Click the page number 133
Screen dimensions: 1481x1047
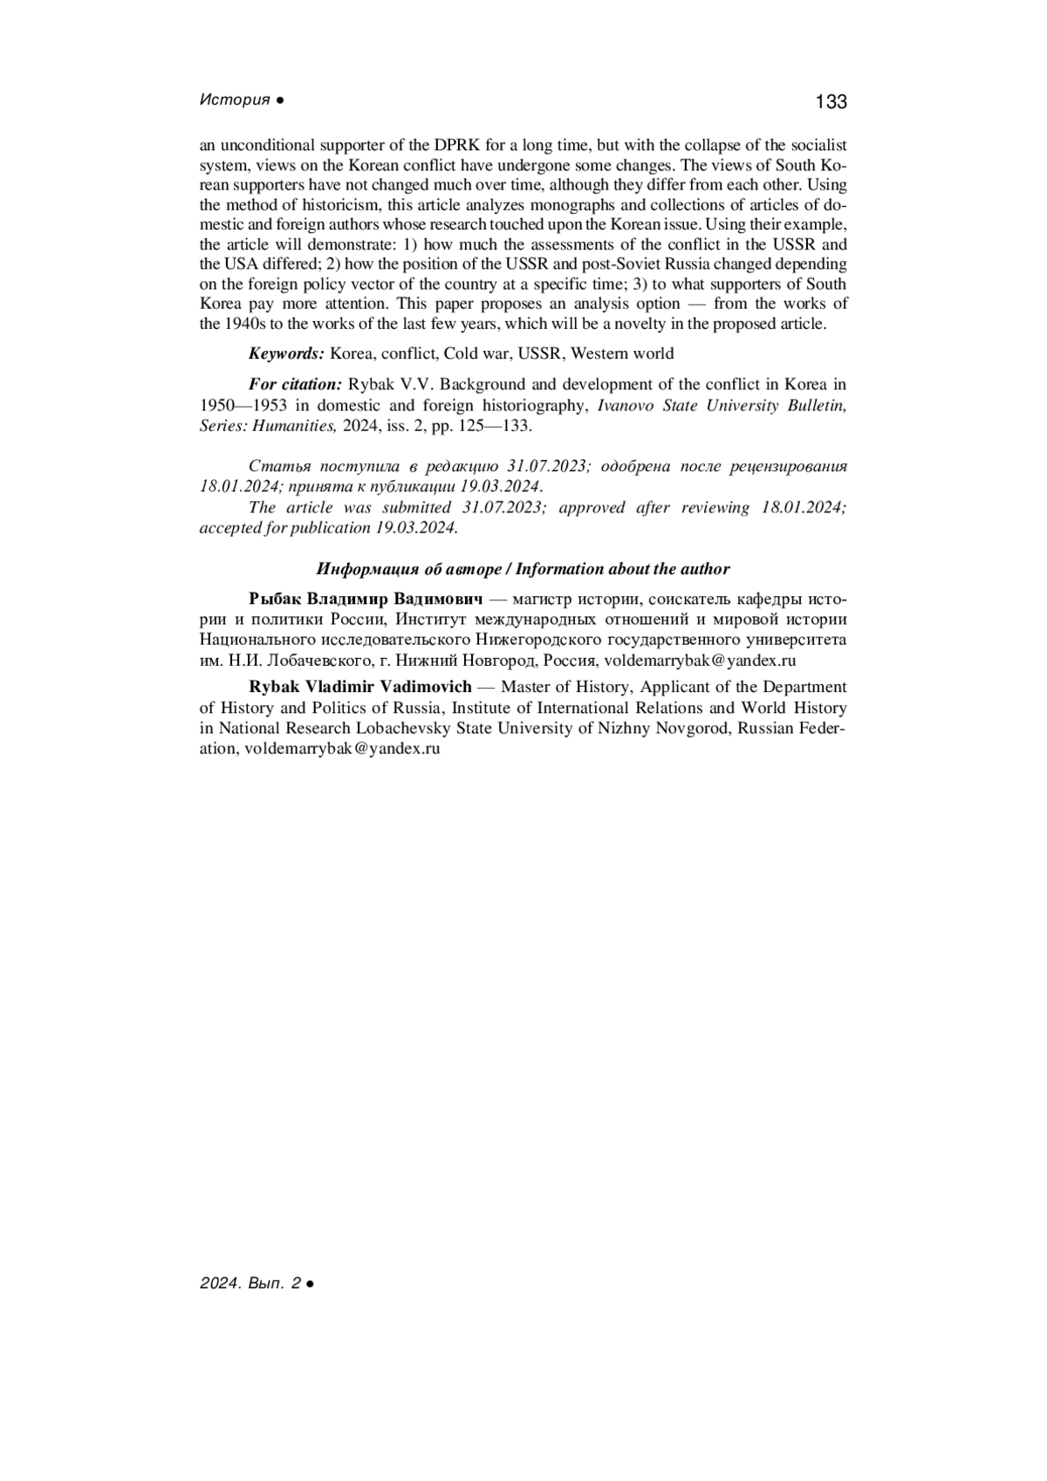pyautogui.click(x=831, y=102)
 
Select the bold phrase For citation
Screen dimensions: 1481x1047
pyautogui.click(x=295, y=385)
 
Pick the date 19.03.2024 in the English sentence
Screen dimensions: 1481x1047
pyautogui.click(x=416, y=528)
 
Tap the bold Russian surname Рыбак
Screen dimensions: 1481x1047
pyautogui.click(x=275, y=600)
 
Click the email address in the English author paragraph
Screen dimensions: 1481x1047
pyautogui.click(x=342, y=749)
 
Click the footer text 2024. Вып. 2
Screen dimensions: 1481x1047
pyautogui.click(x=250, y=1284)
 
